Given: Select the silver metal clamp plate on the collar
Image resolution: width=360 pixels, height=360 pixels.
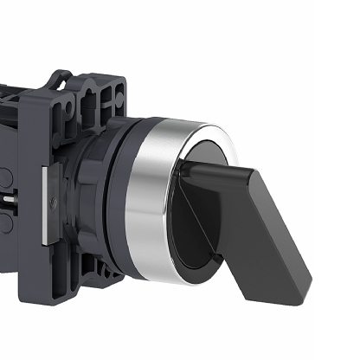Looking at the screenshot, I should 42,190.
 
